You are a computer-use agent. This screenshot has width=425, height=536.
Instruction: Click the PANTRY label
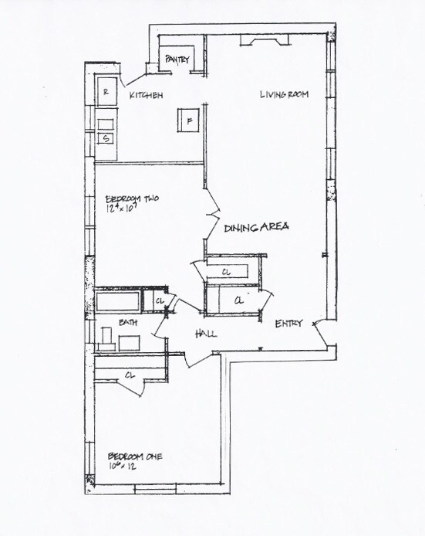click(x=177, y=58)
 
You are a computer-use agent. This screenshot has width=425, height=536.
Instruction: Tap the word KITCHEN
click(x=146, y=95)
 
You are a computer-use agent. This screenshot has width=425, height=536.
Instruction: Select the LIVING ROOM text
click(x=284, y=94)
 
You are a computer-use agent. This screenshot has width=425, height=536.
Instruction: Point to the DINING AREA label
click(x=257, y=228)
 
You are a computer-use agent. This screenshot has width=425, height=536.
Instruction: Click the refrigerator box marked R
click(x=106, y=91)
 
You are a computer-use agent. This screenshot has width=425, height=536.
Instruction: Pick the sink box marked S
click(x=106, y=138)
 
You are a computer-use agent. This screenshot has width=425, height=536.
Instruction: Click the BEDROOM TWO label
click(x=132, y=198)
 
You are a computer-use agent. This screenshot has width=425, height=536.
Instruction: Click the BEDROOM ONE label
click(x=135, y=455)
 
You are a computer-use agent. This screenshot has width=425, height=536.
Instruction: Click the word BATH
click(x=127, y=324)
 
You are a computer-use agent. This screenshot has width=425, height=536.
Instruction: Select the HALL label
click(x=206, y=334)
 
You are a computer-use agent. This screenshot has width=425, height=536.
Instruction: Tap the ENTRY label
click(x=289, y=324)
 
